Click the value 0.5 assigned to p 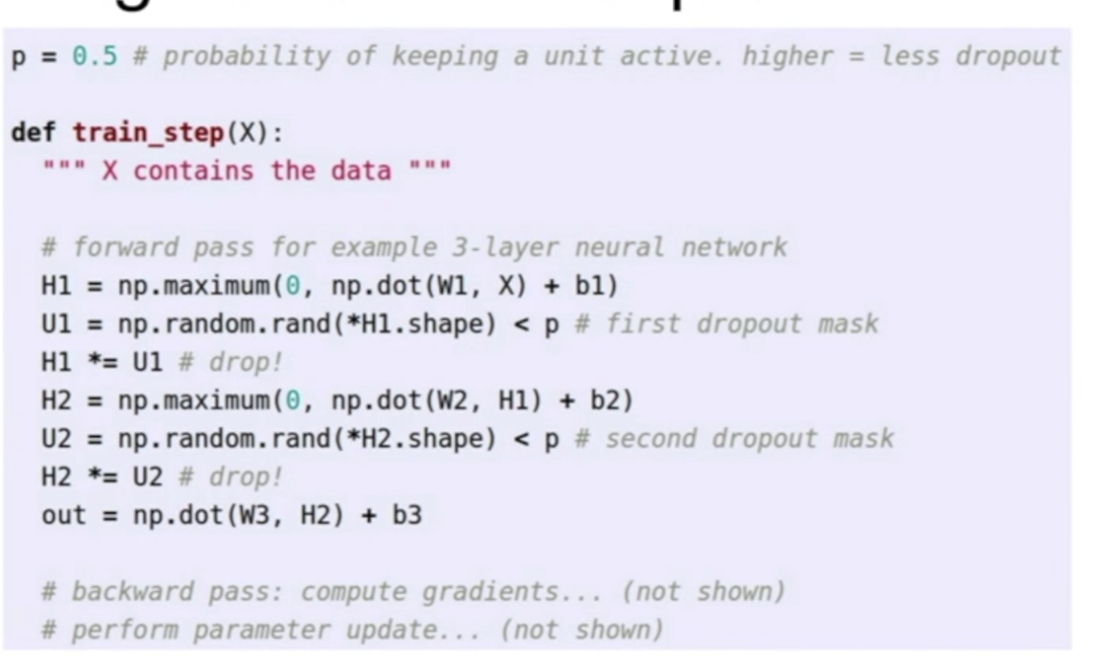pos(94,55)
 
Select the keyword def pos(33,133)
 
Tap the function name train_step pos(149,133)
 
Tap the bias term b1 pos(595,285)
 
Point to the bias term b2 pos(610,400)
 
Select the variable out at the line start pos(63,515)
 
